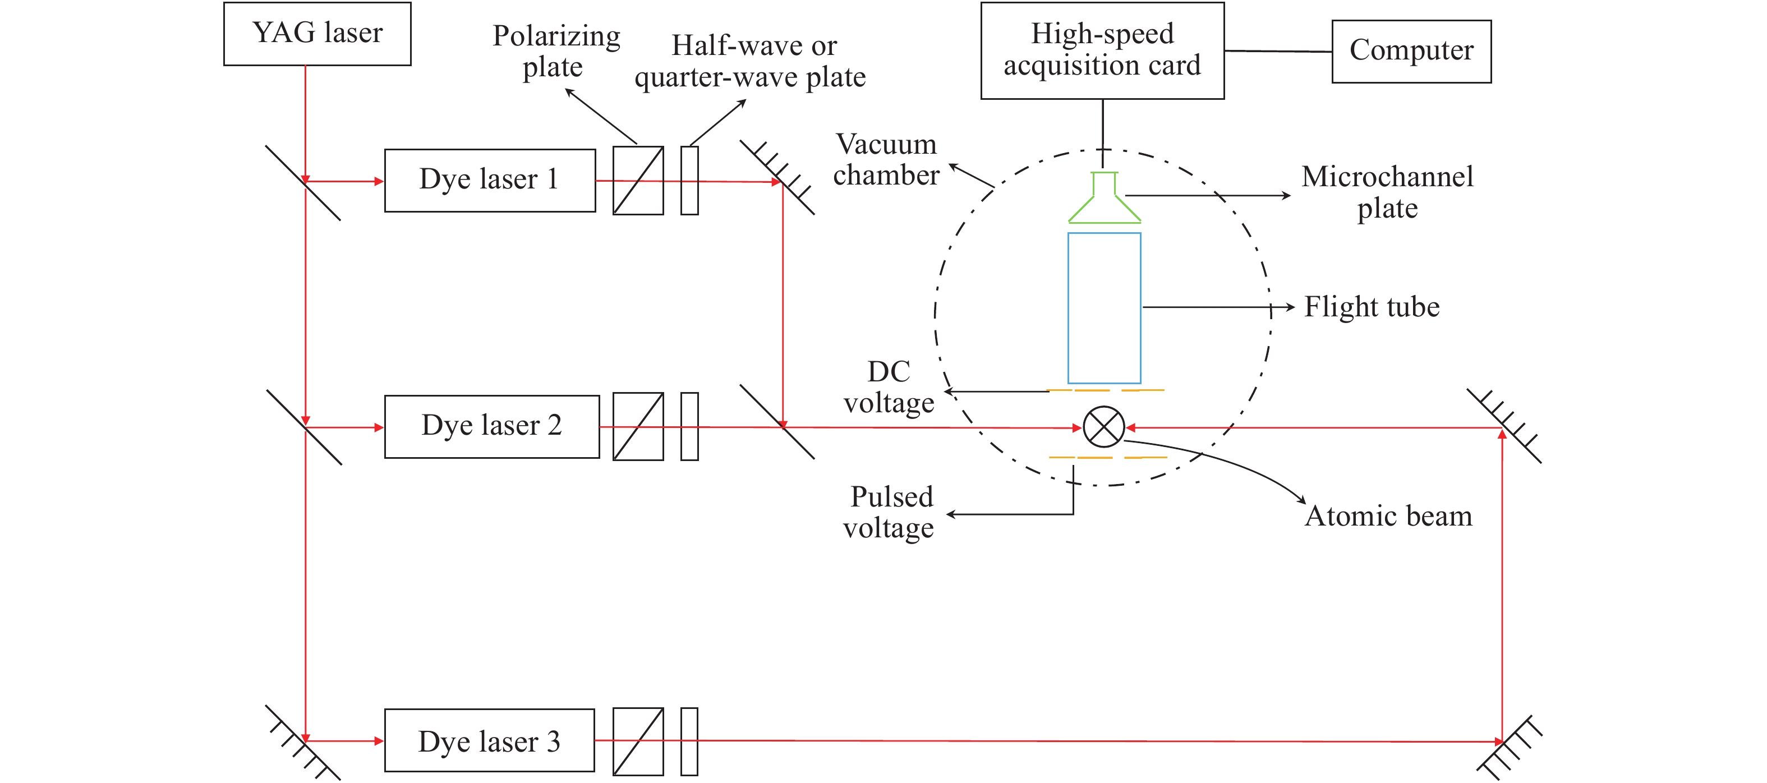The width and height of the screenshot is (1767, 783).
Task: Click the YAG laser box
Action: [x=317, y=34]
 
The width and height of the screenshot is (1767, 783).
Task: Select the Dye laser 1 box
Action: [x=490, y=180]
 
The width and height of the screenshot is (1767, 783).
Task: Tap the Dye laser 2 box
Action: [x=492, y=426]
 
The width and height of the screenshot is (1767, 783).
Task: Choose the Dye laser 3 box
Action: [x=489, y=740]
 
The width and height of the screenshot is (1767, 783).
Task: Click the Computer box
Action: [x=1411, y=52]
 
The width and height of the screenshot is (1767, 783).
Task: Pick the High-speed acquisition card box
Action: [x=1102, y=50]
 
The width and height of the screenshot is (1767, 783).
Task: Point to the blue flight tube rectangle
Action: [x=1104, y=308]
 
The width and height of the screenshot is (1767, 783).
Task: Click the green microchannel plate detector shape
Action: [x=1104, y=202]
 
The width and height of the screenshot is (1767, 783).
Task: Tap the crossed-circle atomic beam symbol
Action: [x=1104, y=427]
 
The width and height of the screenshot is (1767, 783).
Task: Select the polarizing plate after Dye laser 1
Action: [x=638, y=180]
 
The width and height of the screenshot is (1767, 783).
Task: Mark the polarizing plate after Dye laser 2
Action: [x=638, y=426]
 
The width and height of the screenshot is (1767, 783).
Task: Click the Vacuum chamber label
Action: [x=886, y=160]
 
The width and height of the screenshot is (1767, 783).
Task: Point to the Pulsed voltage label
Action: [x=890, y=512]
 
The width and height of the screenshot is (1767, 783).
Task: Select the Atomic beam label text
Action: [x=1388, y=516]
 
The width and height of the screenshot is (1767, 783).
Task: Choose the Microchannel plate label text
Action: [x=1387, y=192]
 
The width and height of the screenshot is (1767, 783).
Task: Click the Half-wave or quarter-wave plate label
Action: [x=751, y=62]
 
